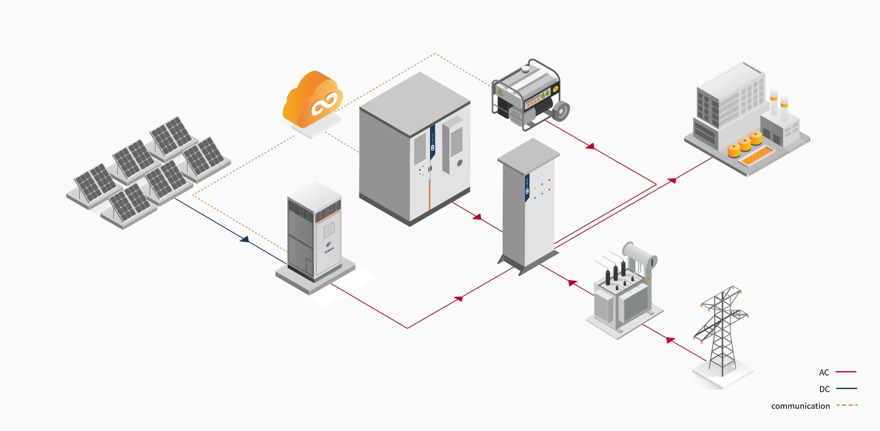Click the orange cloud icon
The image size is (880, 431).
point(312,99)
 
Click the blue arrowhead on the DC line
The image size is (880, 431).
point(245,239)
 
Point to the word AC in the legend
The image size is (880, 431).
point(824,372)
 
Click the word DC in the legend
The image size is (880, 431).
point(824,389)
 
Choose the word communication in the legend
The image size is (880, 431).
point(800,406)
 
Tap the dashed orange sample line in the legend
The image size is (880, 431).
point(847,405)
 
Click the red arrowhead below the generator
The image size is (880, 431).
point(590,147)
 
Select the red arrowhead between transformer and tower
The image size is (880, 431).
point(670,340)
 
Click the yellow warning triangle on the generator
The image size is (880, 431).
point(500,92)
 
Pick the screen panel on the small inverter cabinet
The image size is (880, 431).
point(329,230)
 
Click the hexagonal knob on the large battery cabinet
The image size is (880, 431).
point(459,163)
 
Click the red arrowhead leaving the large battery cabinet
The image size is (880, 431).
point(477,217)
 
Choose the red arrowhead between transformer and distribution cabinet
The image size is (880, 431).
point(573,282)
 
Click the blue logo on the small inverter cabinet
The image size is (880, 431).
point(329,244)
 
